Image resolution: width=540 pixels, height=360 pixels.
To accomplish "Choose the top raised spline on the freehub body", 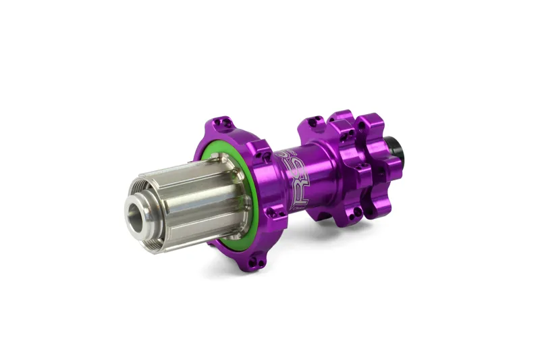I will coord(196,166).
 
